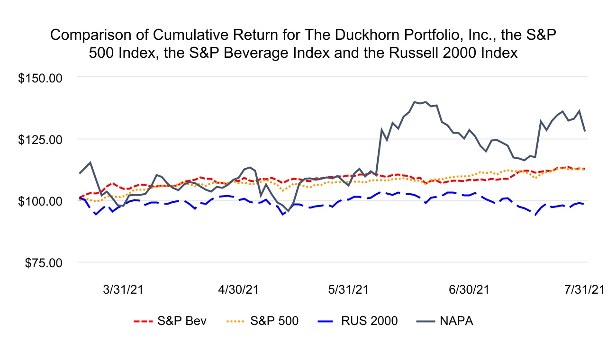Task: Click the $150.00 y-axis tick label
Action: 40,77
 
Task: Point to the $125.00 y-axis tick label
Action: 40,139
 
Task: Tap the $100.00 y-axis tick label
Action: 40,201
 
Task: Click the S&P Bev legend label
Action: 182,321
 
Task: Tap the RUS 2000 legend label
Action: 369,321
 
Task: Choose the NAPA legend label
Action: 457,321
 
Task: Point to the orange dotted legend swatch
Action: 235,321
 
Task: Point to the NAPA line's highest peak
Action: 415,102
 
